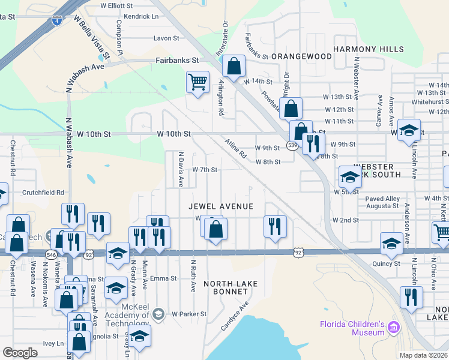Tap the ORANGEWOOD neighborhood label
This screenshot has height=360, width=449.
tap(301, 56)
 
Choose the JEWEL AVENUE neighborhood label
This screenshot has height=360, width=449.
tap(220, 206)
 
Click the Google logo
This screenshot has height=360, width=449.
tap(20, 353)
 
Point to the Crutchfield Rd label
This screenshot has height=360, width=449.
tap(43, 193)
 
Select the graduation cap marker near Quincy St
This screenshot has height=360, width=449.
tap(391, 242)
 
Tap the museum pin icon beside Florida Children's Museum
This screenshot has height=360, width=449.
tap(394, 328)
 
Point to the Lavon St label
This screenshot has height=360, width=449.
tap(166, 38)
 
